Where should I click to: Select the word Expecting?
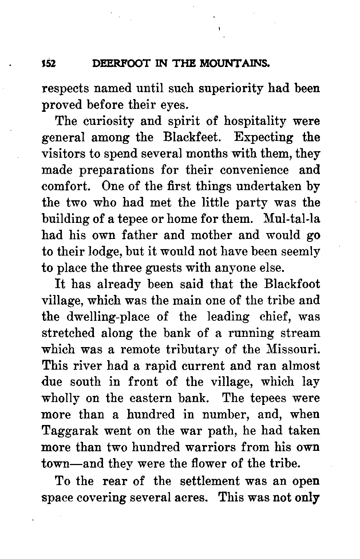(x=264, y=138)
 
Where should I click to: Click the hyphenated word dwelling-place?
(x=108, y=316)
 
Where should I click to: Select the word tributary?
(x=193, y=349)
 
